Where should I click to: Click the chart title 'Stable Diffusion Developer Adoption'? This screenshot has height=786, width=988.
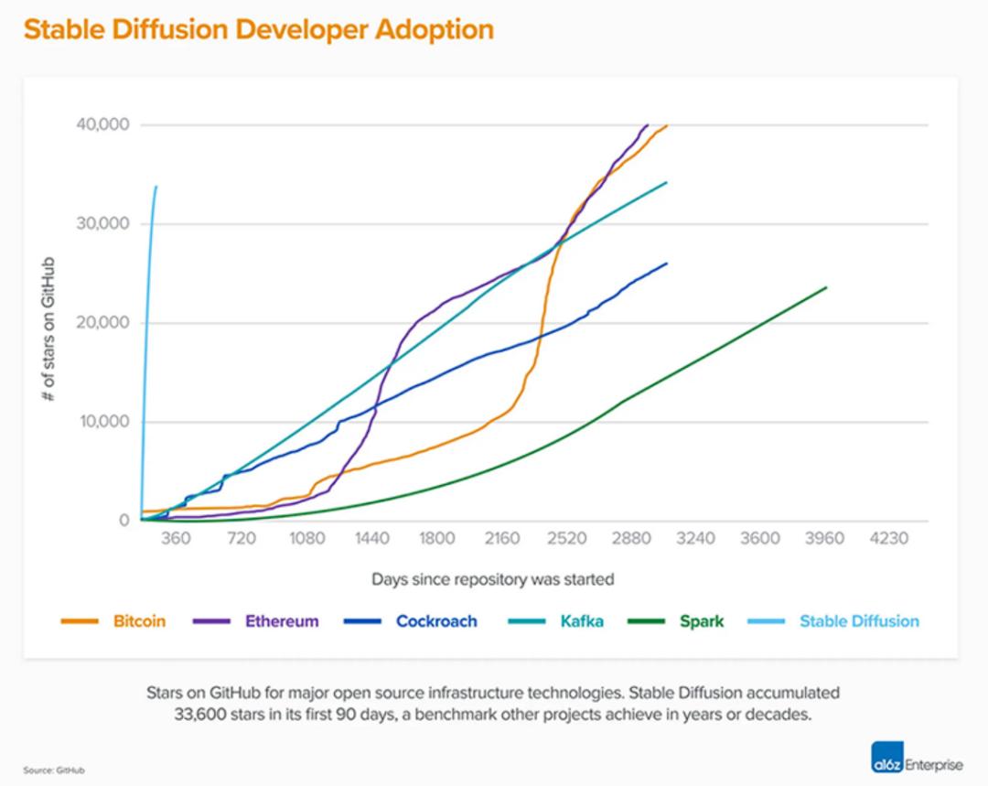coord(258,29)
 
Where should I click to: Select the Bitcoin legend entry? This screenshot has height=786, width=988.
coord(139,621)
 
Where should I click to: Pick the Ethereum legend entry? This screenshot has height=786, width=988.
coord(282,621)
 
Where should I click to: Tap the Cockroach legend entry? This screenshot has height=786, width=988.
coord(436,621)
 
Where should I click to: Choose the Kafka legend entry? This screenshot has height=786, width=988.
coord(581,621)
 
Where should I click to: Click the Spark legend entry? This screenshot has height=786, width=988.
coord(701,621)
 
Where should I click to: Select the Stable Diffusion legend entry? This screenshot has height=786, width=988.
coord(858,621)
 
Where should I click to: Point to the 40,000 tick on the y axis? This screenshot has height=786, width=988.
coord(102,124)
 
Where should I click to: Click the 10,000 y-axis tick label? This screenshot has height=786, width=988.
coord(102,422)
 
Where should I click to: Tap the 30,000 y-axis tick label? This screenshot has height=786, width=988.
coord(102,224)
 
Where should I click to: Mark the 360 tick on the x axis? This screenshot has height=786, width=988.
coord(176,539)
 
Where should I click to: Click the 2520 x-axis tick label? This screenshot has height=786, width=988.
coord(566,539)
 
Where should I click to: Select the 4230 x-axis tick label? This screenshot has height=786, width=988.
coord(889,539)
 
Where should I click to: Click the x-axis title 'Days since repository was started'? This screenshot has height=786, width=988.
coord(492,579)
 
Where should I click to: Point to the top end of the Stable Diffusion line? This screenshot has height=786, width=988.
coord(156,187)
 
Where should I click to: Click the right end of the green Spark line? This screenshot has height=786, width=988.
coord(826,287)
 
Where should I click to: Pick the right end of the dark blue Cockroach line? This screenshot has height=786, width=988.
coord(667,264)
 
